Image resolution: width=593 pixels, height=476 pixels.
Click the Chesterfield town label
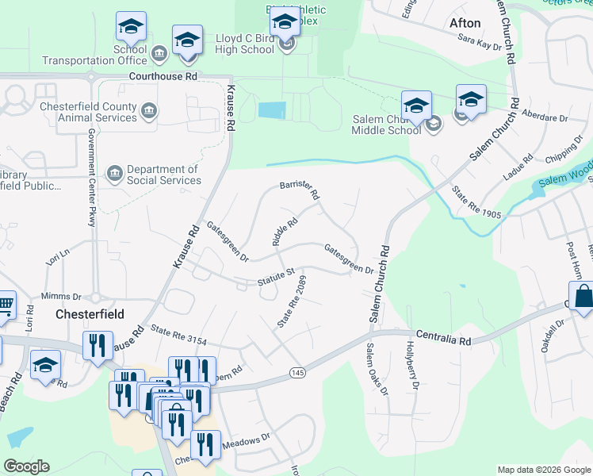tap(90, 314)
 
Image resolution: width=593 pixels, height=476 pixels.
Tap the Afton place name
tap(465, 23)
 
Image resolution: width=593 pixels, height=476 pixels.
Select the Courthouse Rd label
tap(163, 77)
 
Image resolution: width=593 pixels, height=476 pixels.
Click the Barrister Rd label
tap(300, 190)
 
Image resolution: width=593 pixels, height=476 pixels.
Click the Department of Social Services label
tap(163, 175)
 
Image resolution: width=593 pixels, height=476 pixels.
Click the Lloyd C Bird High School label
tap(245, 44)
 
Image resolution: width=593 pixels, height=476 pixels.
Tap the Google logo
tap(26, 466)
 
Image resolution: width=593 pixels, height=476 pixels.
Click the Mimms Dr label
tap(61, 295)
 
